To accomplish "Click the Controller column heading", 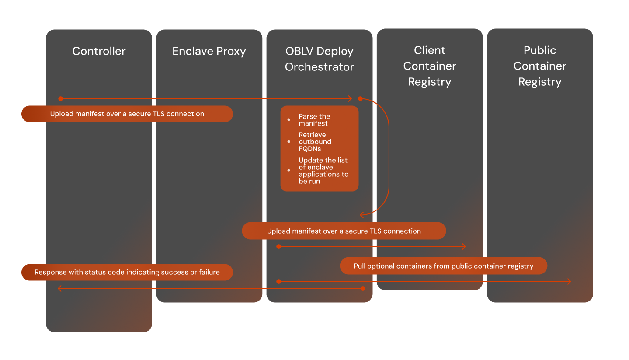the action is click(99, 51).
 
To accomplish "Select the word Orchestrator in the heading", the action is click(319, 67).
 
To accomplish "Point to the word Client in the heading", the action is click(429, 50).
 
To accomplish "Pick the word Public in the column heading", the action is click(540, 50).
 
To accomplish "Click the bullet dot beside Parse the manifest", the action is click(288, 120).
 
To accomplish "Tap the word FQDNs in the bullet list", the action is click(310, 149).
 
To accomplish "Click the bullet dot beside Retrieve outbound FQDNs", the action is click(288, 142).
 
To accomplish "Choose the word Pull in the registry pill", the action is click(359, 266).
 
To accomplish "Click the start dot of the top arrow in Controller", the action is click(61, 99).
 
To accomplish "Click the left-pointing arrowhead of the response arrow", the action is click(59, 289).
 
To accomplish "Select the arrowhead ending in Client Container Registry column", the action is click(464, 247).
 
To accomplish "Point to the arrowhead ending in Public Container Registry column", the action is click(569, 282).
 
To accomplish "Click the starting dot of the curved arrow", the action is click(361, 99).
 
